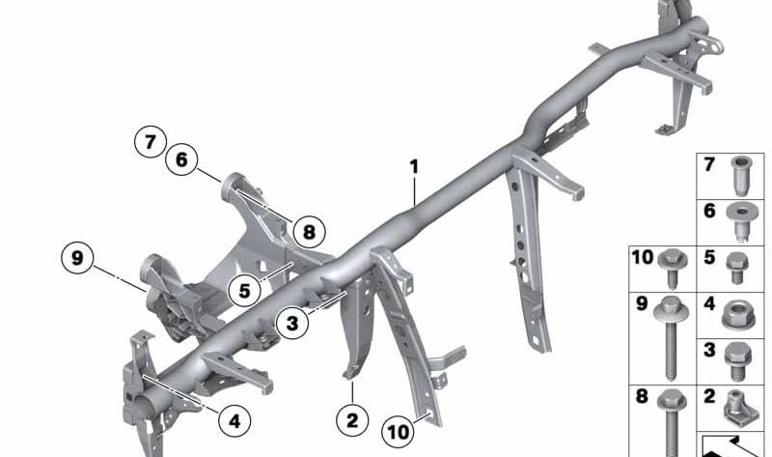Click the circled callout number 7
click(x=151, y=142)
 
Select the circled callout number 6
click(x=181, y=159)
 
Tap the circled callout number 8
click(x=309, y=232)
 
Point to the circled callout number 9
click(x=77, y=258)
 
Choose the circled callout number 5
click(x=245, y=291)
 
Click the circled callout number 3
click(x=292, y=324)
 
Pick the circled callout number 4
click(x=234, y=421)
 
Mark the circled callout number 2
click(x=352, y=420)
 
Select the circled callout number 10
click(x=399, y=432)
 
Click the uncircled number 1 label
click(x=415, y=166)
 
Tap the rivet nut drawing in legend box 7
click(x=741, y=176)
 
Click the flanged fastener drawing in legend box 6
click(x=742, y=222)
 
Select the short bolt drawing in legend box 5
click(x=737, y=268)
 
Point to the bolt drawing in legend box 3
click(x=737, y=361)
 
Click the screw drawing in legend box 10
click(x=673, y=268)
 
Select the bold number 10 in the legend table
click(x=642, y=257)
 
